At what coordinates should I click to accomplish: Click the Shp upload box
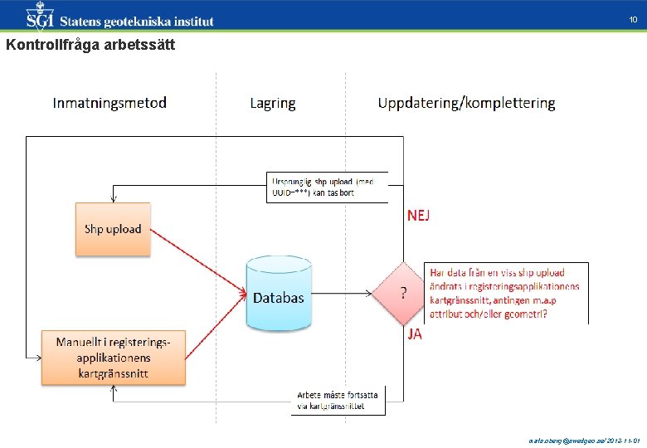[x=113, y=229]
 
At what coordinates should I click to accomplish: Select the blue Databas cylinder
[x=279, y=295]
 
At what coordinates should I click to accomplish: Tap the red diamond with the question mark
[x=403, y=293]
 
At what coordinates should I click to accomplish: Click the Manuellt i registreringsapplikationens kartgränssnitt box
[x=114, y=358]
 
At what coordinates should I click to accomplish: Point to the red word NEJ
[x=419, y=216]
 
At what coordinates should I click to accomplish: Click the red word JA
[x=414, y=335]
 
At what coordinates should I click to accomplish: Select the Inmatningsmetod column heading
[x=109, y=103]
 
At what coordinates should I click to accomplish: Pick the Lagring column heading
[x=272, y=104]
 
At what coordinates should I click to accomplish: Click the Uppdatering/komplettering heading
[x=466, y=104]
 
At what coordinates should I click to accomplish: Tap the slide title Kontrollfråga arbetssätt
[x=90, y=46]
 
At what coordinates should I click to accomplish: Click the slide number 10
[x=632, y=20]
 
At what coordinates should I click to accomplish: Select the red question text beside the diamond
[x=507, y=293]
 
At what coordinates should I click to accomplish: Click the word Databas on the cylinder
[x=279, y=298]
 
